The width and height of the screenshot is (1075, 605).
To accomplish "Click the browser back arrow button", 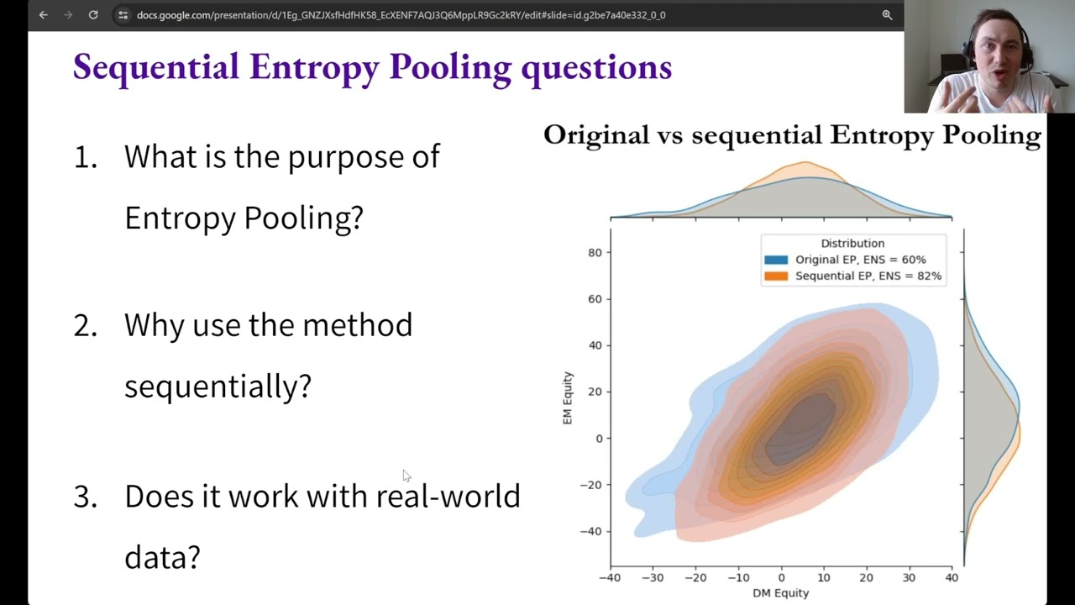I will point(44,14).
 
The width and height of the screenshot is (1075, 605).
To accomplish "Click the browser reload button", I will point(93,14).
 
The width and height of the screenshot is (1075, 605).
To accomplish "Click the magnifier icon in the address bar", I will point(887,14).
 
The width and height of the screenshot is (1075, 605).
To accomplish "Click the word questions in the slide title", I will point(596,67).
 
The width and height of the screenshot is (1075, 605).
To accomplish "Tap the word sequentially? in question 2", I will point(218,386).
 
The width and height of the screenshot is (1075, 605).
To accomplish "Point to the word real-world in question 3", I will point(448,496).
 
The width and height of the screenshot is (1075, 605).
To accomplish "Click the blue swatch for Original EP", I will point(776,260).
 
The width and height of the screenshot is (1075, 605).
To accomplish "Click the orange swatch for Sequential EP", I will point(776,276).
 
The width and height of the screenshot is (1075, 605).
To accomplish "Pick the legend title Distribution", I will point(852,243).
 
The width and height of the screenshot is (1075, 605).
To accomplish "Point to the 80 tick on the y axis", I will point(595,252).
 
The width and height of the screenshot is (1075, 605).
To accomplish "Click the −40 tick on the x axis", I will point(610,577).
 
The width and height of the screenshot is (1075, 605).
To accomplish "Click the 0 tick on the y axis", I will point(598,438).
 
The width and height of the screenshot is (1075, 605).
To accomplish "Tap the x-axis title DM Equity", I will point(780,592).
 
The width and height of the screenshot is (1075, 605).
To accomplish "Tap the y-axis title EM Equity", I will point(569,397).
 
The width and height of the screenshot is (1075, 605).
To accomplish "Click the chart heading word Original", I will point(595,134).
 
